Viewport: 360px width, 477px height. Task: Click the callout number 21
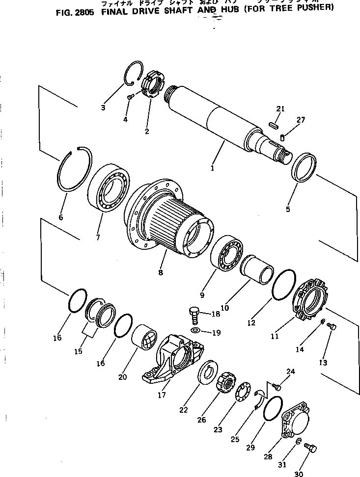pos(280,108)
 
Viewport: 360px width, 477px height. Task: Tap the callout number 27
pos(301,120)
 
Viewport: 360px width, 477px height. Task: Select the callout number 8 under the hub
pos(161,273)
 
